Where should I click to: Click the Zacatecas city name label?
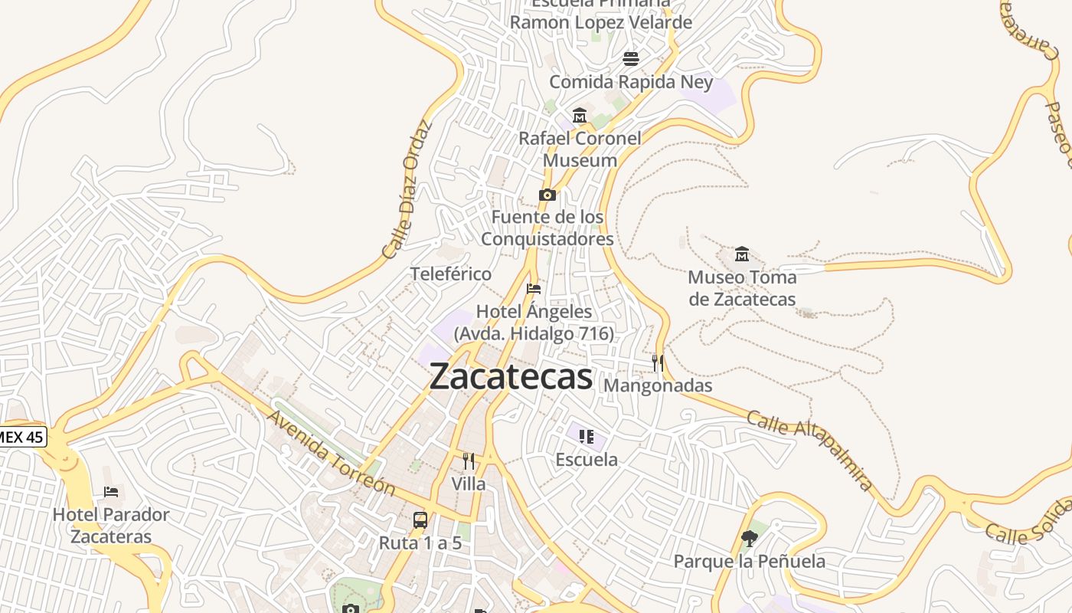coord(511,377)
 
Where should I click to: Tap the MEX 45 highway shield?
coord(21,438)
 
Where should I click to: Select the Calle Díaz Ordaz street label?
coord(407,188)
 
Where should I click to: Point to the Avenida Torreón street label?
coord(331,452)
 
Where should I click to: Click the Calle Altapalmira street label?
coord(809,451)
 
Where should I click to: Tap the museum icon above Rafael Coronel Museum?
coord(580,116)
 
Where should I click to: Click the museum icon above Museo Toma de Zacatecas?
coord(741,254)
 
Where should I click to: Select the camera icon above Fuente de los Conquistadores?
coord(547,195)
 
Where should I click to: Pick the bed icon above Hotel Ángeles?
coord(534,289)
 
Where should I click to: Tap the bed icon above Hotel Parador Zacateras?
coord(111,491)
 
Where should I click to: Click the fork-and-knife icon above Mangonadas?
coord(658,362)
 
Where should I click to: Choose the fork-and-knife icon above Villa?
coord(469,461)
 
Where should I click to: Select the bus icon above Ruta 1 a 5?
coord(420,520)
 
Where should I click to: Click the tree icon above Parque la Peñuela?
coord(750,539)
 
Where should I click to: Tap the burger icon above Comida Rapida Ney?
coord(631,58)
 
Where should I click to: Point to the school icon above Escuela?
coord(587,437)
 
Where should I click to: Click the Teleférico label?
coord(451,274)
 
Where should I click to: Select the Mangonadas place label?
coord(658,385)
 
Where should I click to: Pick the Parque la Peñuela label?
coord(750,562)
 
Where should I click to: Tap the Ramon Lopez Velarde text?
coord(601,22)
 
